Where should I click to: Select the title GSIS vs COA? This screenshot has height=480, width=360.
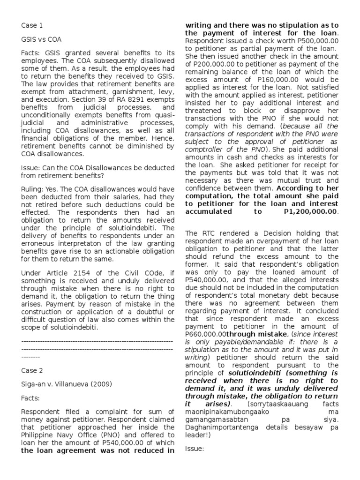coord(41,40)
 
